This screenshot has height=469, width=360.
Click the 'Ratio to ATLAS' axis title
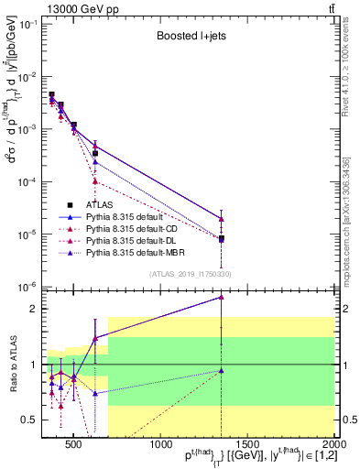12,365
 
